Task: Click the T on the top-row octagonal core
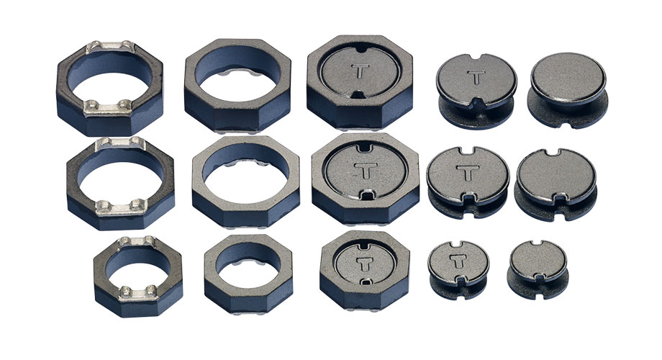coord(360,71)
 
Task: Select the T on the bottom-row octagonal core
coord(364,264)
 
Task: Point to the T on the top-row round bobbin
coord(476,77)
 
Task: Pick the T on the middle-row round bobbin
coord(468,172)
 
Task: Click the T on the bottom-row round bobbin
coord(458,261)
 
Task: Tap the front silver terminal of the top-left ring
coord(108,108)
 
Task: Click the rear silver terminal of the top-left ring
coord(111,47)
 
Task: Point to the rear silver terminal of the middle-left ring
coord(121,144)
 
